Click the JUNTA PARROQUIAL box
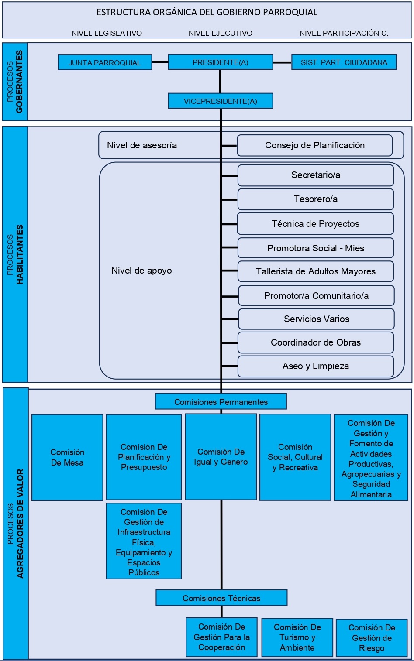point(105,62)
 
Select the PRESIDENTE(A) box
point(220,62)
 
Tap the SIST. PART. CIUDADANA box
point(344,62)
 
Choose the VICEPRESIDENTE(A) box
point(220,101)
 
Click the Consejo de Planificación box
point(314,145)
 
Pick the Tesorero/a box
point(315,199)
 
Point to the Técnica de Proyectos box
point(315,224)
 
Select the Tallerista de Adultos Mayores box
point(315,271)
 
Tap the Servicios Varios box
point(316,319)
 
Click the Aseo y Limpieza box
point(315,366)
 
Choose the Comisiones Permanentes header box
point(221,401)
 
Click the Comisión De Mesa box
point(67,457)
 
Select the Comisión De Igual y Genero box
point(221,457)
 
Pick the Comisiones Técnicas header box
point(221,598)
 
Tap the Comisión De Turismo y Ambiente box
point(297,637)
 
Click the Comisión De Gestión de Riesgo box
point(372,637)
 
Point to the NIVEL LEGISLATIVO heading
point(107,33)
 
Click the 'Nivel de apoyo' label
point(141,271)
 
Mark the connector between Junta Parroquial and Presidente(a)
point(160,62)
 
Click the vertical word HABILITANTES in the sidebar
point(20,254)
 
